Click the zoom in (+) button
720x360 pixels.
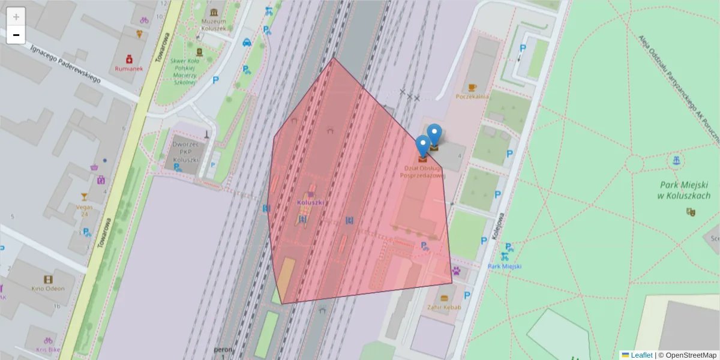16,17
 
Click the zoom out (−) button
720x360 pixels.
16,35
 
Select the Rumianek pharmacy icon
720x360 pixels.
129,59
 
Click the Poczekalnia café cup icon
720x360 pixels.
472,88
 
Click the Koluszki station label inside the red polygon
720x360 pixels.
311,202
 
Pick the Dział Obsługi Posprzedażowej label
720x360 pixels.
423,172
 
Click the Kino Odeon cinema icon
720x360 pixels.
48,279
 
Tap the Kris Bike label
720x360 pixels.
48,349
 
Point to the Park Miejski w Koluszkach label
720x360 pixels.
685,191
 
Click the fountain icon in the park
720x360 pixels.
676,160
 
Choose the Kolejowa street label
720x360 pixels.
497,227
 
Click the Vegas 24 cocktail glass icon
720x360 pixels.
84,197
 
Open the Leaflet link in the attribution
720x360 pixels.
641,355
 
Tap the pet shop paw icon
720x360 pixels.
457,271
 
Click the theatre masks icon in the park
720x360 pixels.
691,211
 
